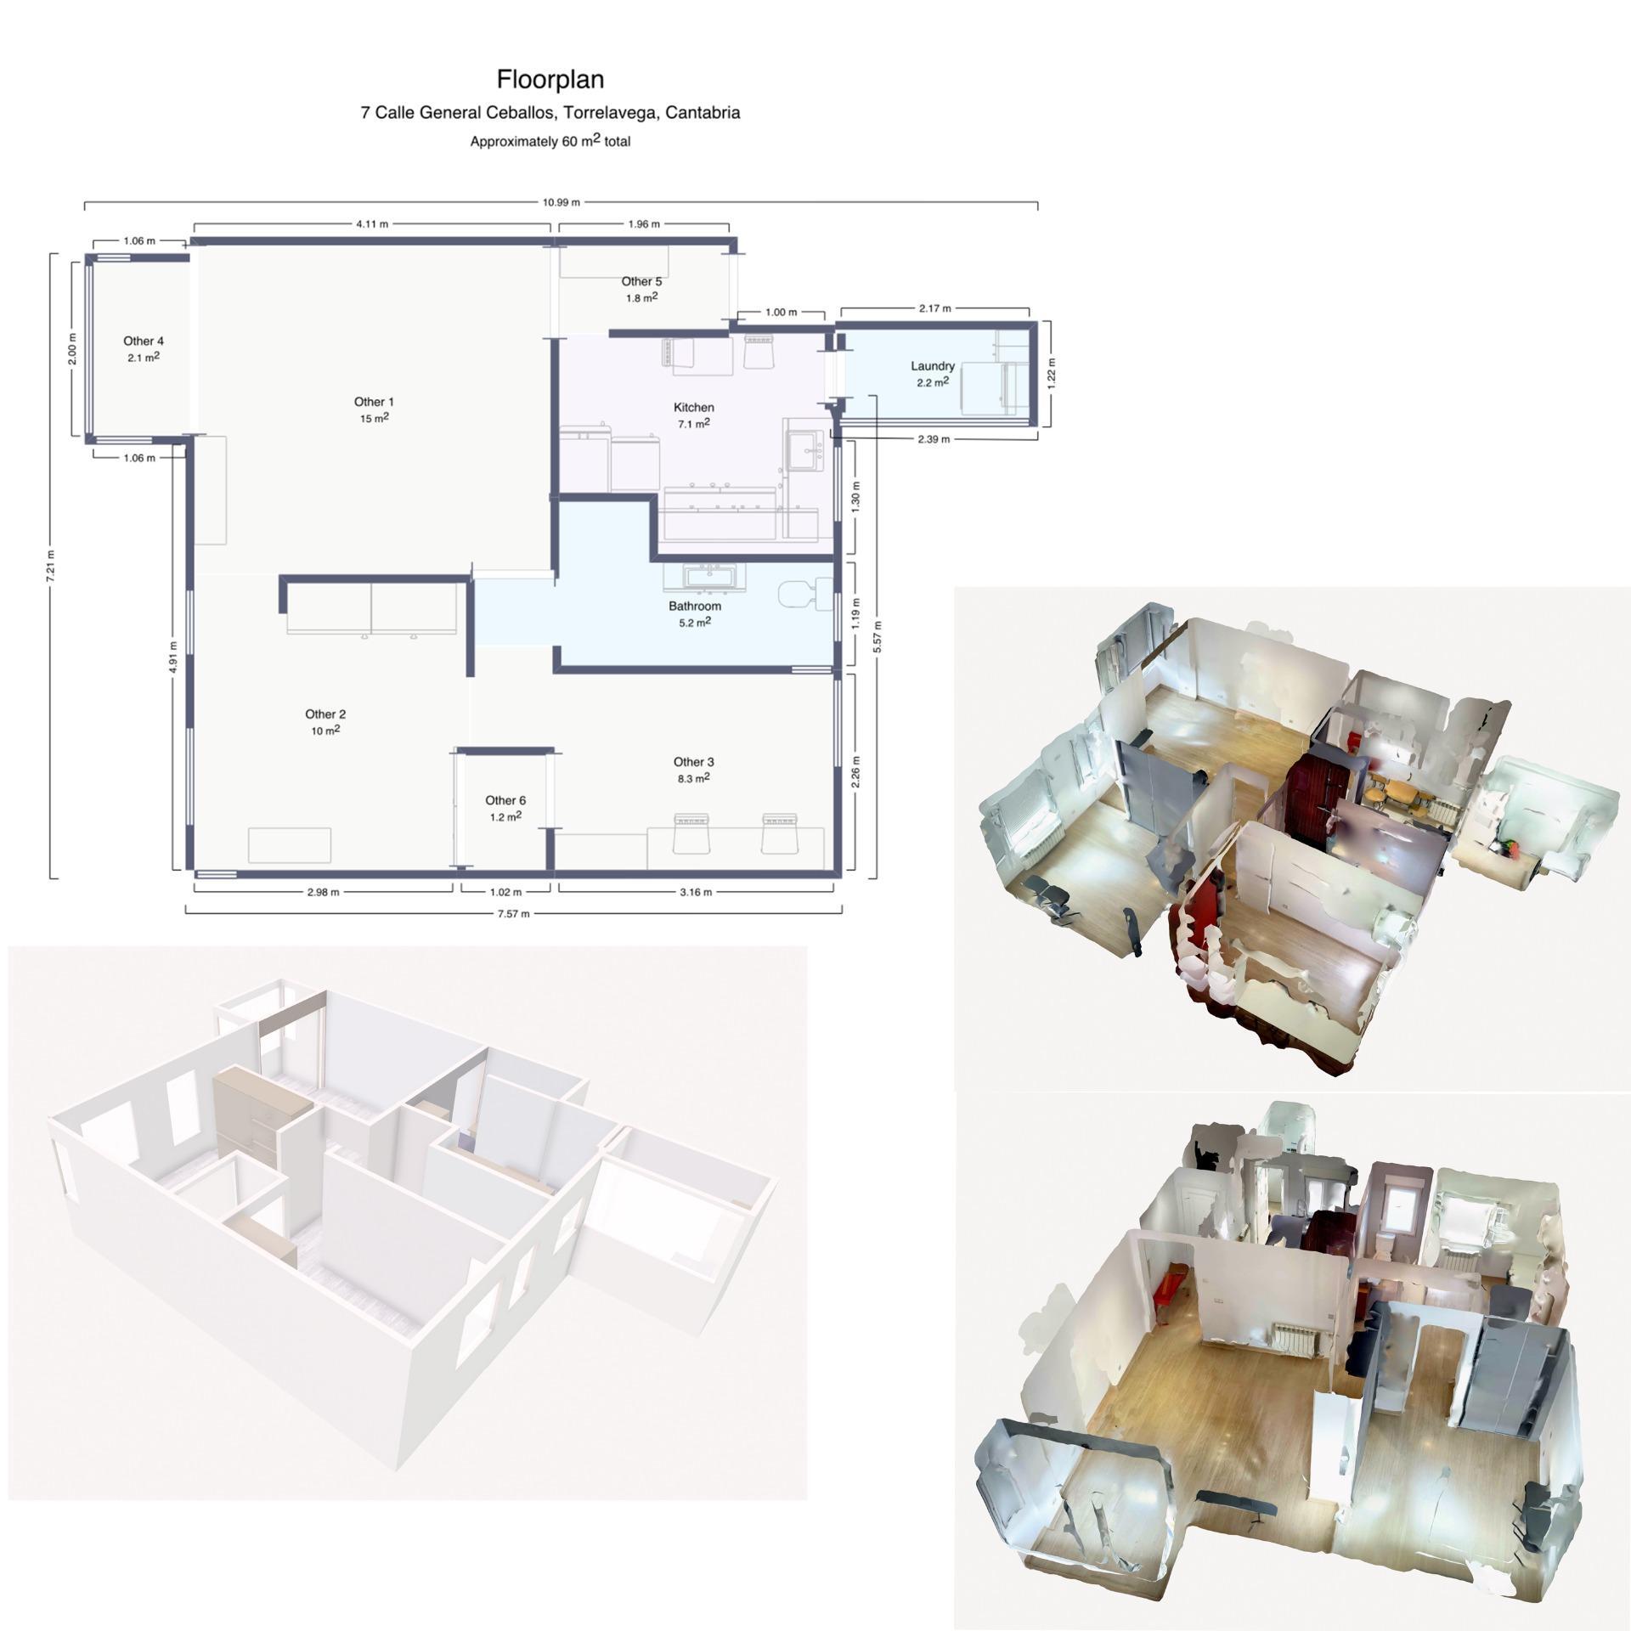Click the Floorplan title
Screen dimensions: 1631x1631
(x=550, y=80)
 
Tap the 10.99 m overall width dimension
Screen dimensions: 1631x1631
(x=561, y=202)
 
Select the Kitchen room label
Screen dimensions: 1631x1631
(x=693, y=408)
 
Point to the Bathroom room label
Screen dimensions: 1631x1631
(x=694, y=607)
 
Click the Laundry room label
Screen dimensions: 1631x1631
(x=933, y=366)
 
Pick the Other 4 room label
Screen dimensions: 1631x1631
(x=144, y=341)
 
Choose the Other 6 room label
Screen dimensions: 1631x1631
(x=505, y=800)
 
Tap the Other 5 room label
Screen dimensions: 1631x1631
(x=641, y=281)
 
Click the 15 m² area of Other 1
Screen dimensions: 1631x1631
(x=375, y=419)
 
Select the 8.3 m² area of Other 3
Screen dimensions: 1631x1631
(x=693, y=778)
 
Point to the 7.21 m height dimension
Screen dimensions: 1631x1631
(x=51, y=565)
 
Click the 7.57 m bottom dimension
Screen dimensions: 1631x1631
(x=513, y=914)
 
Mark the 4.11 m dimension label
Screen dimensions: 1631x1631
(x=372, y=224)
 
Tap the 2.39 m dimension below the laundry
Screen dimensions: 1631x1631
(x=934, y=439)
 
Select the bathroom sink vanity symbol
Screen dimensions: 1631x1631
(x=704, y=578)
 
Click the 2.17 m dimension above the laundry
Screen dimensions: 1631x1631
(x=934, y=308)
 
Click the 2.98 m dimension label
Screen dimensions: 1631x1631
(x=323, y=892)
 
